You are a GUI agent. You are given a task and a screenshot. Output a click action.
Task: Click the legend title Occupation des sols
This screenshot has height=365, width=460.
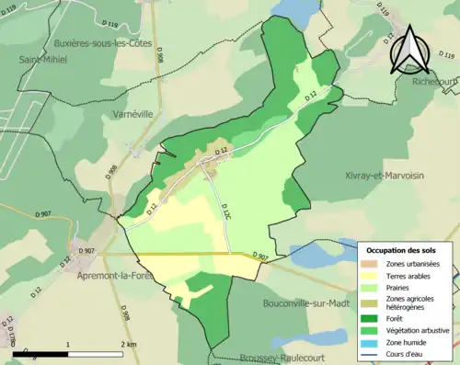click(401, 250)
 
